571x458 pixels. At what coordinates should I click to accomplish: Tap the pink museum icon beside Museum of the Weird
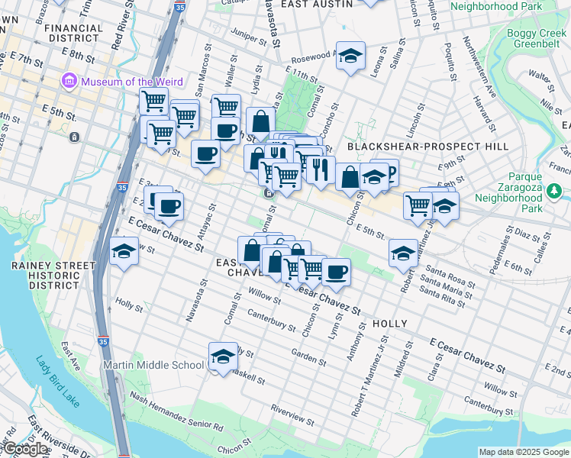tap(69, 79)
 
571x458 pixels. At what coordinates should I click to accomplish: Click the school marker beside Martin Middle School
tap(223, 356)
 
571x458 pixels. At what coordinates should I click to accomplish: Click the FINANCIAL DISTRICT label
tap(74, 32)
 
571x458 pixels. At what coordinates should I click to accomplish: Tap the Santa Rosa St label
tap(451, 276)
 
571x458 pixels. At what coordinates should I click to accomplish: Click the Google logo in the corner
tap(26, 449)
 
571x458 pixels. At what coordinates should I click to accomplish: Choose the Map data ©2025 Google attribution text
tap(523, 452)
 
